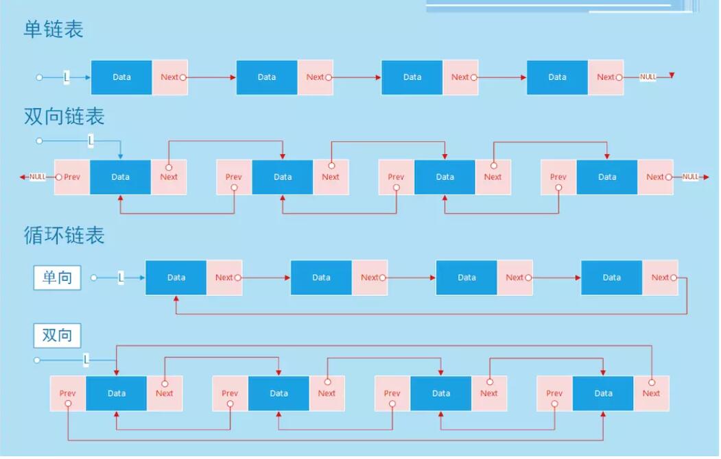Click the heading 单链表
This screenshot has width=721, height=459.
click(54, 29)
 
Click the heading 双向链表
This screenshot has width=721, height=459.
click(64, 116)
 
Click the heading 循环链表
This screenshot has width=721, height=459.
click(64, 235)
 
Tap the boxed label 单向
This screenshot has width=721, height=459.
click(57, 277)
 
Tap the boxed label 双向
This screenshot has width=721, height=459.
click(57, 335)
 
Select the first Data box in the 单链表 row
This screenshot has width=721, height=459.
click(121, 77)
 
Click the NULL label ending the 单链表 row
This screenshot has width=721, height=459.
click(648, 77)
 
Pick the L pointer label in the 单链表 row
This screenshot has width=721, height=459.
click(67, 77)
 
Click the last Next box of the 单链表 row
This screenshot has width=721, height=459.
click(606, 77)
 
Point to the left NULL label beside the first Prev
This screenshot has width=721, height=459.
click(37, 177)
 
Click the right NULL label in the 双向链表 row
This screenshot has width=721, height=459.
click(690, 177)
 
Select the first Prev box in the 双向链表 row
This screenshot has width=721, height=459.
click(72, 177)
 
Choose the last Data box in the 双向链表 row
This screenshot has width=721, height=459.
click(607, 177)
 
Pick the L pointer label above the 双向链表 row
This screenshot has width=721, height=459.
click(91, 140)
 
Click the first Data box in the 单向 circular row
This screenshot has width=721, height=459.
click(176, 277)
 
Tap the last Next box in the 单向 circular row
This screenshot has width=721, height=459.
click(661, 277)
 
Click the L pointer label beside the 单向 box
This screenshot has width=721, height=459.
click(121, 277)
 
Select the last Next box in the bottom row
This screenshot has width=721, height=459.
click(652, 393)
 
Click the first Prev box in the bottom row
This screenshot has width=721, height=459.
click(68, 393)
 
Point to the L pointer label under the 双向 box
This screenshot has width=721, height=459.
click(86, 360)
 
